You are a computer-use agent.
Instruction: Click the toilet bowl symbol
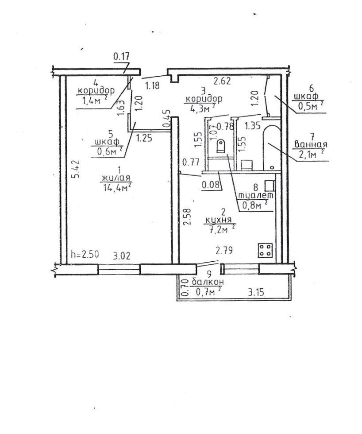(221, 146)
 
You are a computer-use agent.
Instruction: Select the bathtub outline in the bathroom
(272, 148)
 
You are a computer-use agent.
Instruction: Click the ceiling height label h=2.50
(85, 254)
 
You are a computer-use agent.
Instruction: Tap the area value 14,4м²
(117, 187)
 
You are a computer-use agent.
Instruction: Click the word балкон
(208, 282)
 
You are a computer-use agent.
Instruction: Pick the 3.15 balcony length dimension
(256, 292)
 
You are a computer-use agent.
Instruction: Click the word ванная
(311, 144)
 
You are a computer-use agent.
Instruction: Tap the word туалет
(256, 195)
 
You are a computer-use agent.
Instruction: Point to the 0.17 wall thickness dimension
(121, 57)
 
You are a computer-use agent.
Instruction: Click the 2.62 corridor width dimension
(222, 81)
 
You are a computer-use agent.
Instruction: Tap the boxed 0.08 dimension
(212, 185)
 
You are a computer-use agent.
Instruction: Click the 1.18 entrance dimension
(153, 85)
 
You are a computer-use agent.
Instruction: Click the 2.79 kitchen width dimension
(224, 251)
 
